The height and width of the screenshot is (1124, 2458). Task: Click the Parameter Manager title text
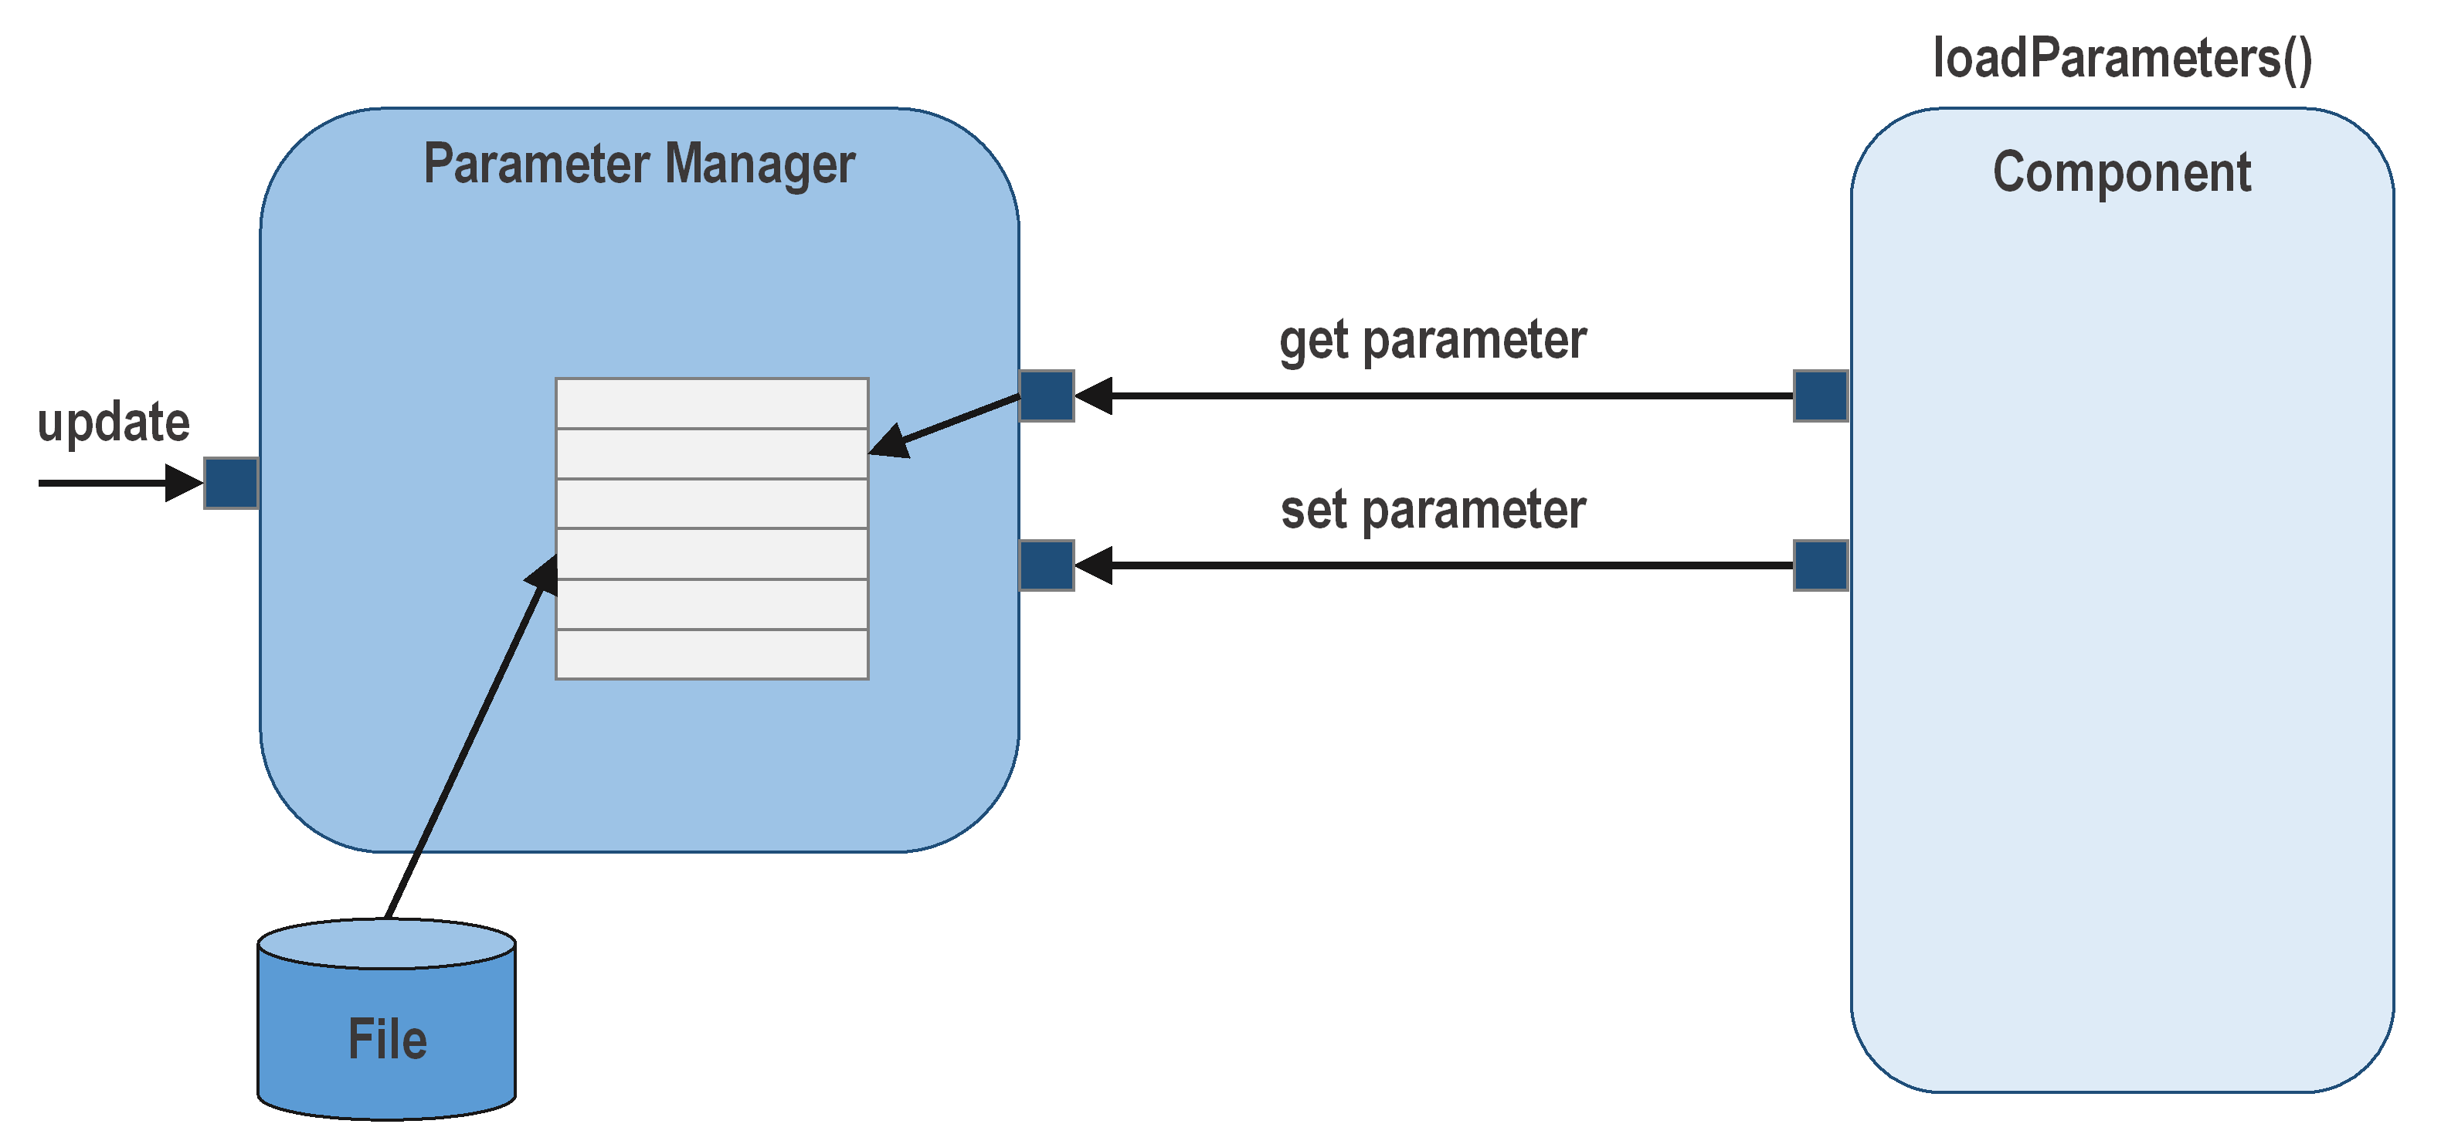[640, 164]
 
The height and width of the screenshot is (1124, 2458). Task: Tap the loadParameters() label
[2122, 59]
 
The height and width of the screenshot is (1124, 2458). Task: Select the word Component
[2121, 173]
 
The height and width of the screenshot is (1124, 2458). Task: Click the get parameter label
[1432, 341]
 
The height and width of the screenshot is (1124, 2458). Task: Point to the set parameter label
[1432, 511]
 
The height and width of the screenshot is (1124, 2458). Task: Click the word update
[113, 423]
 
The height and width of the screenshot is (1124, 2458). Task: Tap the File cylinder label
[386, 1039]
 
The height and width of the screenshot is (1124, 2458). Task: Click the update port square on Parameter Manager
[231, 483]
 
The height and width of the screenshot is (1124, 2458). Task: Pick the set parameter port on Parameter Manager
[1047, 565]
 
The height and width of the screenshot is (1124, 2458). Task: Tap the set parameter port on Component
[1821, 565]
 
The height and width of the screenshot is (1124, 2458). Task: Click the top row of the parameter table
[711, 403]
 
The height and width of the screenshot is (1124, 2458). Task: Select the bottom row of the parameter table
[711, 654]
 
